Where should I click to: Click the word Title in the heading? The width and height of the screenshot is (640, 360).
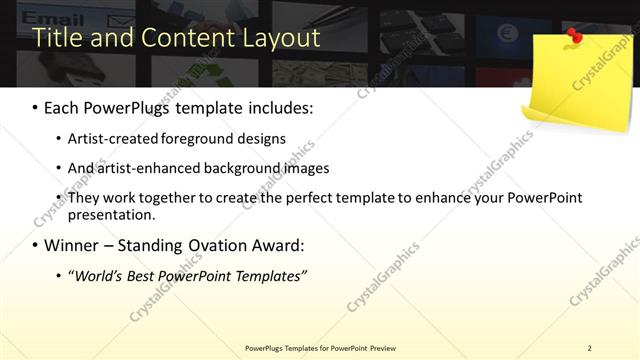(57, 38)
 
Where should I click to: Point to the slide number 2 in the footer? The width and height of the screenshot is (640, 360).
(590, 348)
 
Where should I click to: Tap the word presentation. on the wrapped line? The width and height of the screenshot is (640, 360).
(112, 214)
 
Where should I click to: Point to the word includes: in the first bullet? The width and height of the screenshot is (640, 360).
(278, 108)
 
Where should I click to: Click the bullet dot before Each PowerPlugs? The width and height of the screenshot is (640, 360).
(35, 108)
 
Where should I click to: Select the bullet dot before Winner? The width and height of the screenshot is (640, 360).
(35, 245)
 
